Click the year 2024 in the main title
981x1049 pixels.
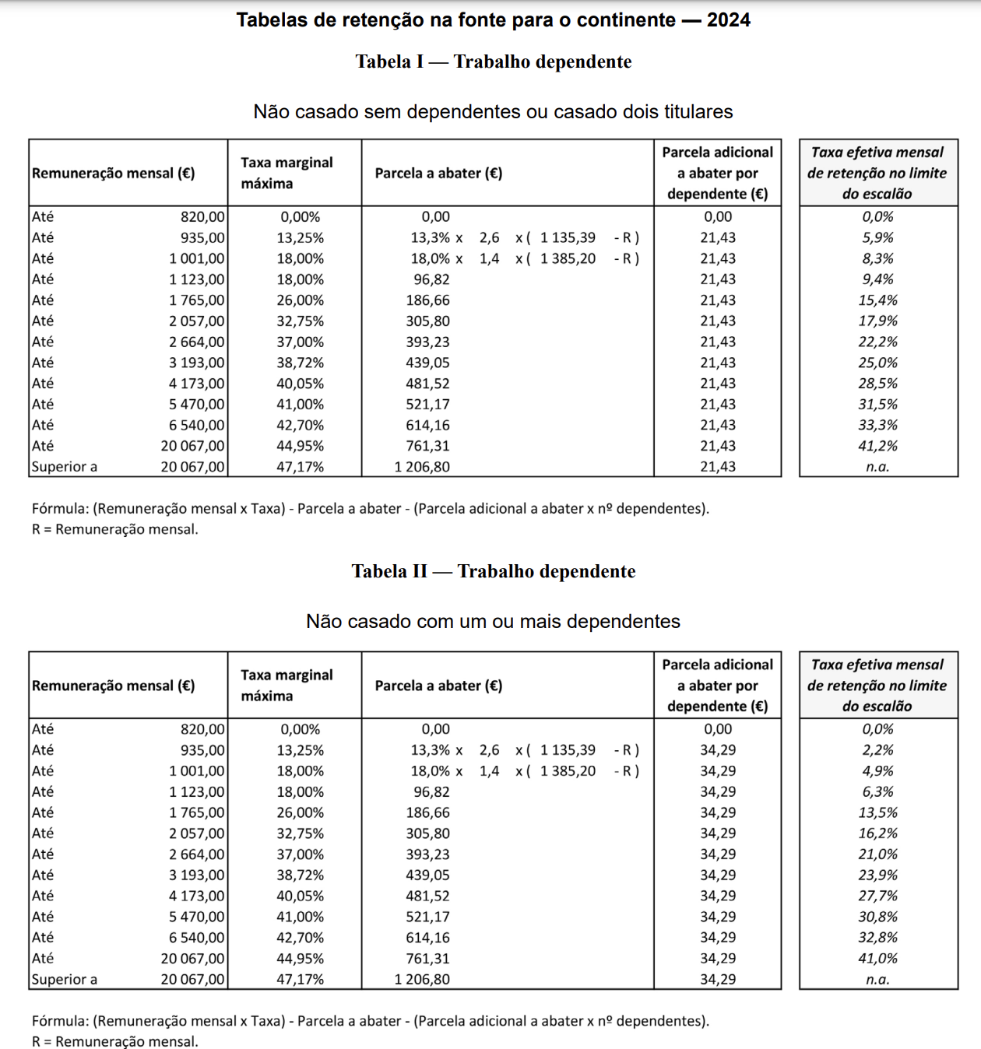tap(728, 20)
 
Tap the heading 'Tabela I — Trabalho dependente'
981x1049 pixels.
tap(493, 61)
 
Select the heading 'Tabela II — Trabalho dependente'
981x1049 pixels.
tap(493, 571)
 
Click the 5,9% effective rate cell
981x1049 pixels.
tap(877, 237)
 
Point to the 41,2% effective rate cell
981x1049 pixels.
tap(877, 446)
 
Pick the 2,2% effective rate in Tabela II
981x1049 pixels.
tap(877, 750)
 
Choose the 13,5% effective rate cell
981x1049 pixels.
tap(877, 812)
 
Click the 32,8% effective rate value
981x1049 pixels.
tap(877, 938)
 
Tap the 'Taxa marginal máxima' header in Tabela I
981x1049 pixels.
tap(287, 173)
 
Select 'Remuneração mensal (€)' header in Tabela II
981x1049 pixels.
tap(114, 686)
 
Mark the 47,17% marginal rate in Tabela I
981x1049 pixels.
tap(300, 467)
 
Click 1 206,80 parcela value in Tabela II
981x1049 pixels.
tap(422, 979)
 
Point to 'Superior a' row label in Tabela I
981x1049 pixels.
tap(65, 467)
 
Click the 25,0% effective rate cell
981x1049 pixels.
tap(877, 363)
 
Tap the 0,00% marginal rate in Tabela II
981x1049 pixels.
tap(300, 729)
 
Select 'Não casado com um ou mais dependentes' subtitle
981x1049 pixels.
tap(493, 621)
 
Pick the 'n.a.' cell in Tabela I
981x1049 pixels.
tap(877, 467)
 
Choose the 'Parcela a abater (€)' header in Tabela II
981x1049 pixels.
tap(438, 686)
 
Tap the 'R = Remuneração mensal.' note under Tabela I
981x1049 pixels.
tap(115, 529)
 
